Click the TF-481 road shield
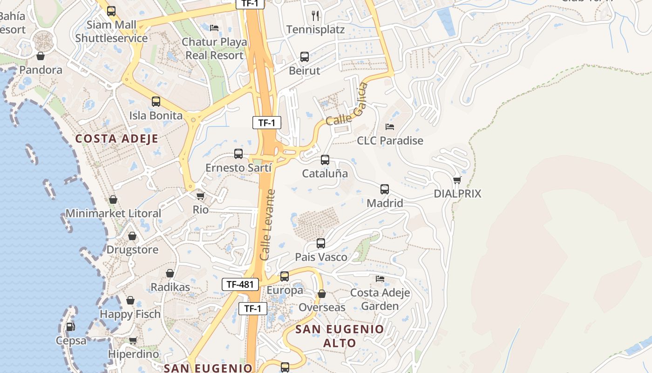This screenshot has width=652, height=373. pos(240,284)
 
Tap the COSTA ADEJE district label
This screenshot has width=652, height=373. pos(117,138)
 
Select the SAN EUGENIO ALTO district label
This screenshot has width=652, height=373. pos(340,336)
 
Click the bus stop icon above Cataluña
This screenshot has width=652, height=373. pos(325,160)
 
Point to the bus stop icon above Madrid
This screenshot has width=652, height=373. pos(385,189)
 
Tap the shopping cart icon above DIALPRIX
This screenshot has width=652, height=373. pos(457,180)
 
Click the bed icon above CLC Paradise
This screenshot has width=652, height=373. pos(390,127)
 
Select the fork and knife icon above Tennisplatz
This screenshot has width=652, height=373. pos(316,16)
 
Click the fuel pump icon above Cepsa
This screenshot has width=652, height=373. pos(70,327)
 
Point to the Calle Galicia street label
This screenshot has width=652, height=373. pos(347,104)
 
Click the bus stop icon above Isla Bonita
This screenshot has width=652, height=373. pos(156,102)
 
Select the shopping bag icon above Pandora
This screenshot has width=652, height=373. pos(41,56)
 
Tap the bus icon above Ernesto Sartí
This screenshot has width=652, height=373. pos(238,154)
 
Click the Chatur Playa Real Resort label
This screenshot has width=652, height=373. pos(214,48)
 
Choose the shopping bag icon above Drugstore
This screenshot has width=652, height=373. pos(132,236)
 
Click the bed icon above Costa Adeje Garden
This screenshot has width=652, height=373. pos(380,279)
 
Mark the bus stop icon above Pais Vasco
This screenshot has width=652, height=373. pos(321,243)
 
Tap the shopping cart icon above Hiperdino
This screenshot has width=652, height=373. pos(133,340)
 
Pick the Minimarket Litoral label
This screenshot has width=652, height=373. pos(113,214)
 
